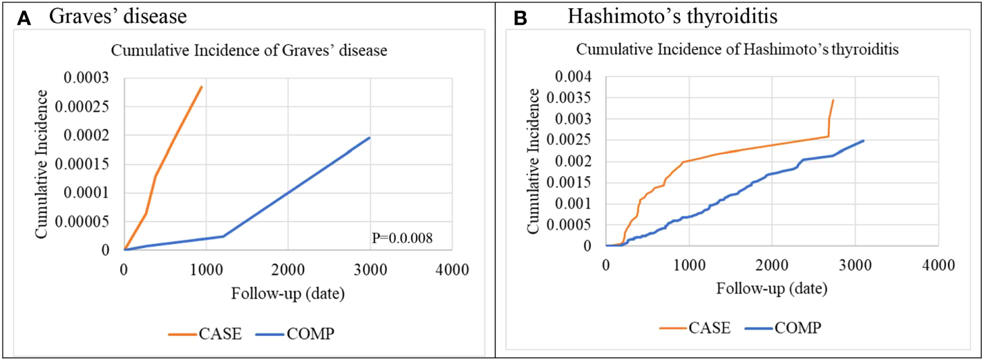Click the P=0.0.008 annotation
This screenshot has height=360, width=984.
[x=401, y=238]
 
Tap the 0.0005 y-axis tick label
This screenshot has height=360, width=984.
[x=574, y=225]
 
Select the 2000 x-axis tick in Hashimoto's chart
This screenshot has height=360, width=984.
[x=772, y=265]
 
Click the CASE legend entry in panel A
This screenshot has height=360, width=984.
[x=205, y=334]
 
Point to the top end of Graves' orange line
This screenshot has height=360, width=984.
[x=202, y=87]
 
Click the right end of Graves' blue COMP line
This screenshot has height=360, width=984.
[x=370, y=138]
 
